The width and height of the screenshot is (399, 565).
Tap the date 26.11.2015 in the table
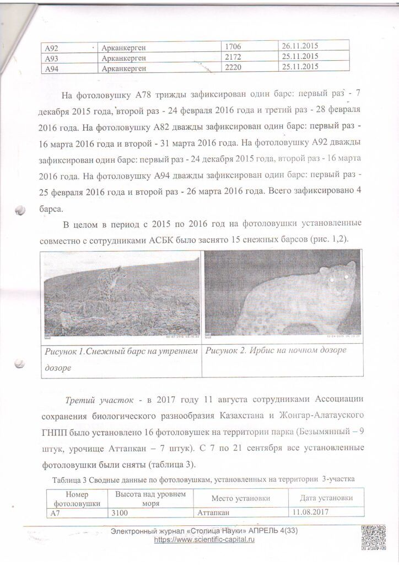click(300, 47)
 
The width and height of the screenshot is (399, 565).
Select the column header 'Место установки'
click(240, 498)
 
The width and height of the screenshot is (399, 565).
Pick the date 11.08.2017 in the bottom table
click(310, 512)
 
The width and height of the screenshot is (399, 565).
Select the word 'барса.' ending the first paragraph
click(52, 209)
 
